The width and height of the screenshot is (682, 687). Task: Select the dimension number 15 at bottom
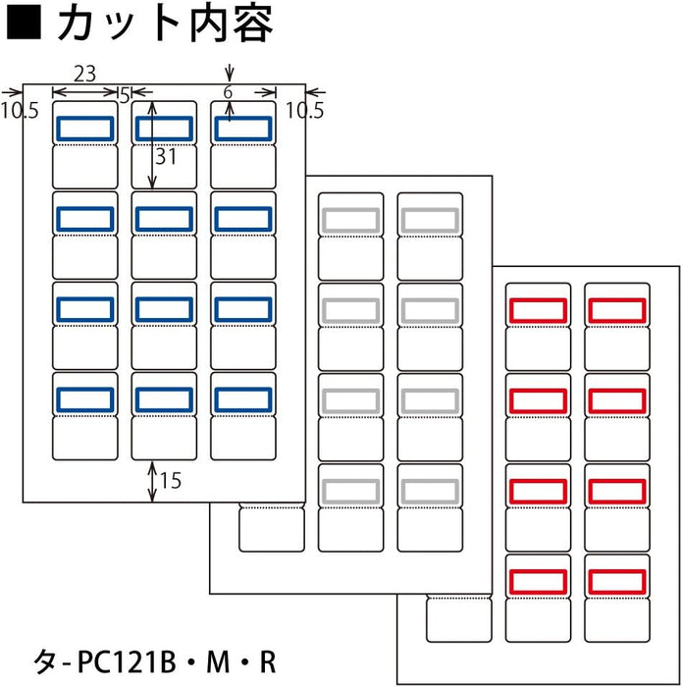[171, 481]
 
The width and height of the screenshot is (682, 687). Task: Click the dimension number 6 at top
[229, 91]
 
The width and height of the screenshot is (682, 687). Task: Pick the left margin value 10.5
[19, 110]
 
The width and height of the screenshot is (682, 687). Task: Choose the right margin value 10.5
[303, 110]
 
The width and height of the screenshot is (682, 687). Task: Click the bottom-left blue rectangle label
[85, 398]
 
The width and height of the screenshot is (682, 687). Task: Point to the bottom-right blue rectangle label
[242, 398]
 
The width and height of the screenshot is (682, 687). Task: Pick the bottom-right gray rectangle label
[429, 490]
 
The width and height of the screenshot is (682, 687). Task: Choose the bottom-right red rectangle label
[616, 580]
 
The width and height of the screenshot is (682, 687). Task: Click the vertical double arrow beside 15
[152, 481]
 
